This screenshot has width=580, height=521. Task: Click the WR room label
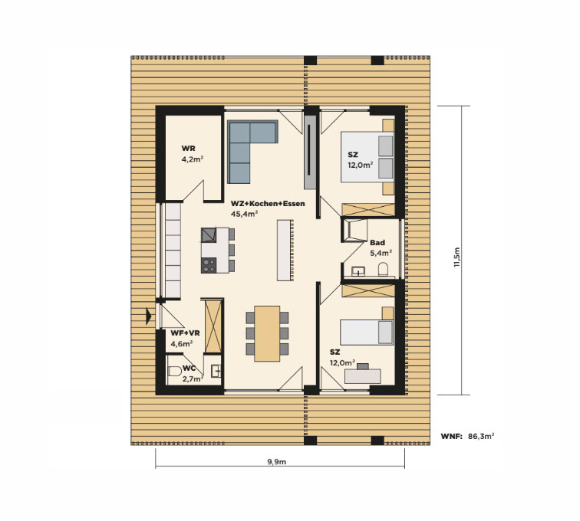(x=188, y=149)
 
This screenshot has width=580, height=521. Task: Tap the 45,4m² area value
(x=244, y=214)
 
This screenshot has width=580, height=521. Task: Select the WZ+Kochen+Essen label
(x=268, y=204)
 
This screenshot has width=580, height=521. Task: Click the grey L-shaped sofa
(x=244, y=148)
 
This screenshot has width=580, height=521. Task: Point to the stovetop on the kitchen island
(x=209, y=265)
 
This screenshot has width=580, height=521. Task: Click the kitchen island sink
(x=209, y=235)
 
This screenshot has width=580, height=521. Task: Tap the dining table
(x=267, y=333)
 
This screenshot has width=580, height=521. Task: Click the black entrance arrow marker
(x=149, y=316)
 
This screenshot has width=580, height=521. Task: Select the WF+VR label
(x=185, y=333)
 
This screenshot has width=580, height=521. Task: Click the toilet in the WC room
(x=174, y=371)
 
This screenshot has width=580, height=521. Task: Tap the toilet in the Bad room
(x=384, y=270)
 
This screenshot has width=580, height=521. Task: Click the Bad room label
(x=377, y=242)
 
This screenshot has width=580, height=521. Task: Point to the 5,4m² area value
(x=381, y=253)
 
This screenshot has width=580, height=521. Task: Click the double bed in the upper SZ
(x=367, y=157)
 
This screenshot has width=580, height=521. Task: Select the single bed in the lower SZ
(x=367, y=333)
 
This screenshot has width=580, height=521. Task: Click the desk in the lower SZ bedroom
(x=362, y=376)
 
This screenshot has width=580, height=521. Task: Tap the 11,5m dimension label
(x=457, y=257)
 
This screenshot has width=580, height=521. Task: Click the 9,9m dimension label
(x=277, y=461)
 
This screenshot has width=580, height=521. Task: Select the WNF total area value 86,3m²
(x=481, y=437)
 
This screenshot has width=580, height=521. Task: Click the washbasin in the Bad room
(x=358, y=271)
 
